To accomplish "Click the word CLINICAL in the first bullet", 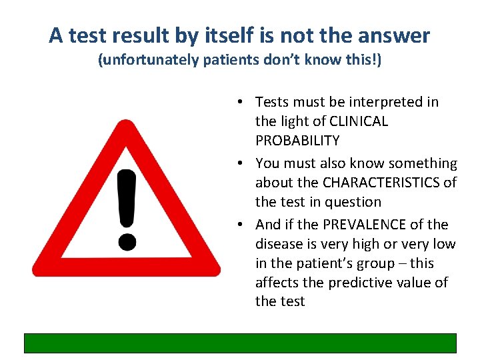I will pyautogui.click(x=358, y=121).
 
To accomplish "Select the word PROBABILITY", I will pyautogui.click(x=297, y=141).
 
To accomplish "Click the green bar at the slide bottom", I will pyautogui.click(x=240, y=343).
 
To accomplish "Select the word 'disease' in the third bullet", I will pyautogui.click(x=278, y=244).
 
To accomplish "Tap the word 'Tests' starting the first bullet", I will pyautogui.click(x=271, y=102).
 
